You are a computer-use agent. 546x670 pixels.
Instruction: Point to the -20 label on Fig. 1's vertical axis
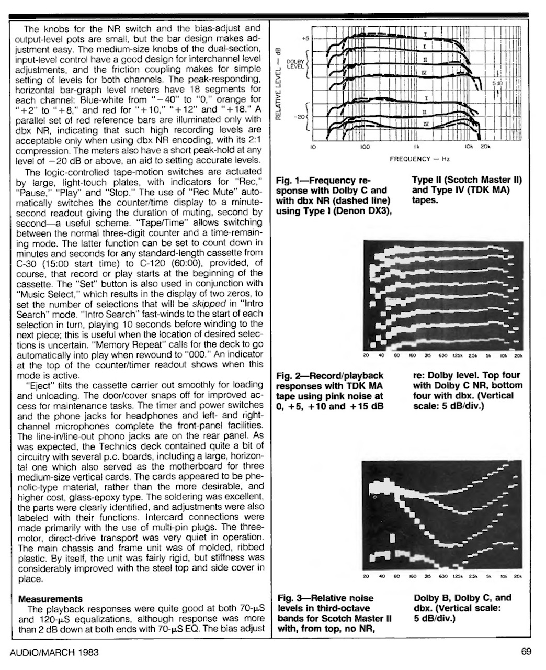tap(300, 117)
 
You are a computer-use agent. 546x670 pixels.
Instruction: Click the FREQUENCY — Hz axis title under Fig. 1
tap(419, 158)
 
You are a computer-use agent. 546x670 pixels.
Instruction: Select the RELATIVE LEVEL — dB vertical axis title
tap(279, 84)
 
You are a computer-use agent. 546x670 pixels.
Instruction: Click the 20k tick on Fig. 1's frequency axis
tap(485, 148)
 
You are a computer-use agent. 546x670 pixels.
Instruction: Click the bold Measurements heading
tap(50, 598)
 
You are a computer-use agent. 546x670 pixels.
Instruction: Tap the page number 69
tap(526, 652)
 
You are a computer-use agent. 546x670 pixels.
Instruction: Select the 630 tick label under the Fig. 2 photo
tap(443, 356)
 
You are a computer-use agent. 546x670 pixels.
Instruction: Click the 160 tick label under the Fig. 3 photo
tap(412, 576)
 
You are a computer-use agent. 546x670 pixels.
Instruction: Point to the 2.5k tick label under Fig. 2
tap(473, 356)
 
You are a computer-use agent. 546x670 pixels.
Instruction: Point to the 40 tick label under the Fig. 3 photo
tap(381, 576)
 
